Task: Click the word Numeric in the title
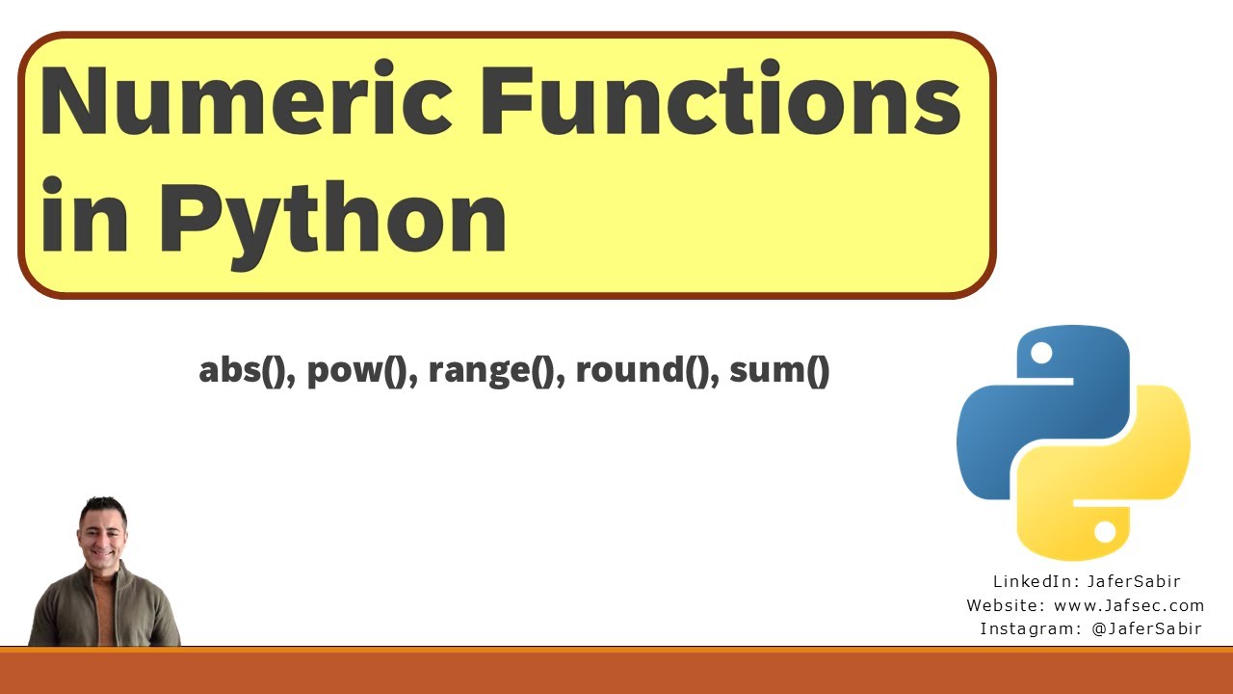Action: [x=245, y=102]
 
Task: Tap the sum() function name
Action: [x=779, y=371]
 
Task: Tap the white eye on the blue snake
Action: [x=1041, y=354]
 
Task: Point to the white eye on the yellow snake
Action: [x=1105, y=531]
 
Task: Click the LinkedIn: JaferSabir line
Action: [x=1087, y=582]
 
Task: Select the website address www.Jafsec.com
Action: [x=1129, y=605]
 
